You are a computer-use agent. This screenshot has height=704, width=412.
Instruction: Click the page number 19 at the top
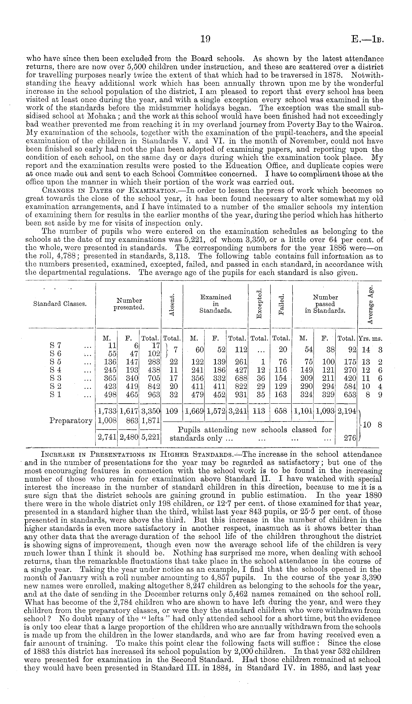click(x=205, y=40)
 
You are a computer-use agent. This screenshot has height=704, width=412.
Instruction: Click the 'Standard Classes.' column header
click(x=60, y=304)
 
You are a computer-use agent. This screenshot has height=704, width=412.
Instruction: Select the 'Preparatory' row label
click(x=71, y=420)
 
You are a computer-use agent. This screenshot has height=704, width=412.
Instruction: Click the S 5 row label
click(x=55, y=362)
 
